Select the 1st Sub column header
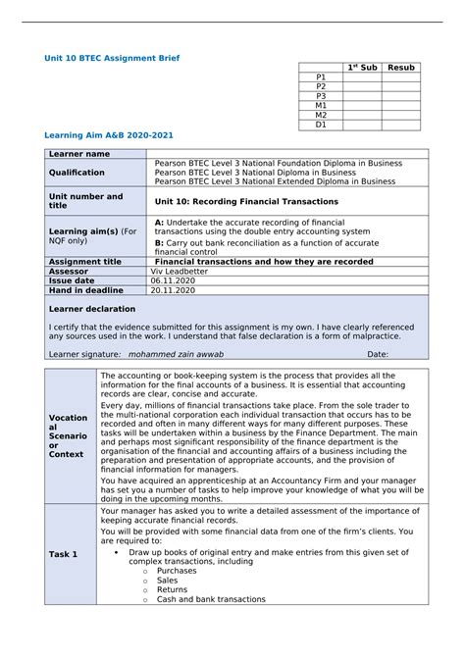click(361, 68)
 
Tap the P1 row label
click(321, 76)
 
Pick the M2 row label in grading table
click(321, 115)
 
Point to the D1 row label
click(321, 125)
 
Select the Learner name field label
click(79, 154)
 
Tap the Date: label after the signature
click(378, 354)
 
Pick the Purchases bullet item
click(177, 570)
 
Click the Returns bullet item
click(173, 589)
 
